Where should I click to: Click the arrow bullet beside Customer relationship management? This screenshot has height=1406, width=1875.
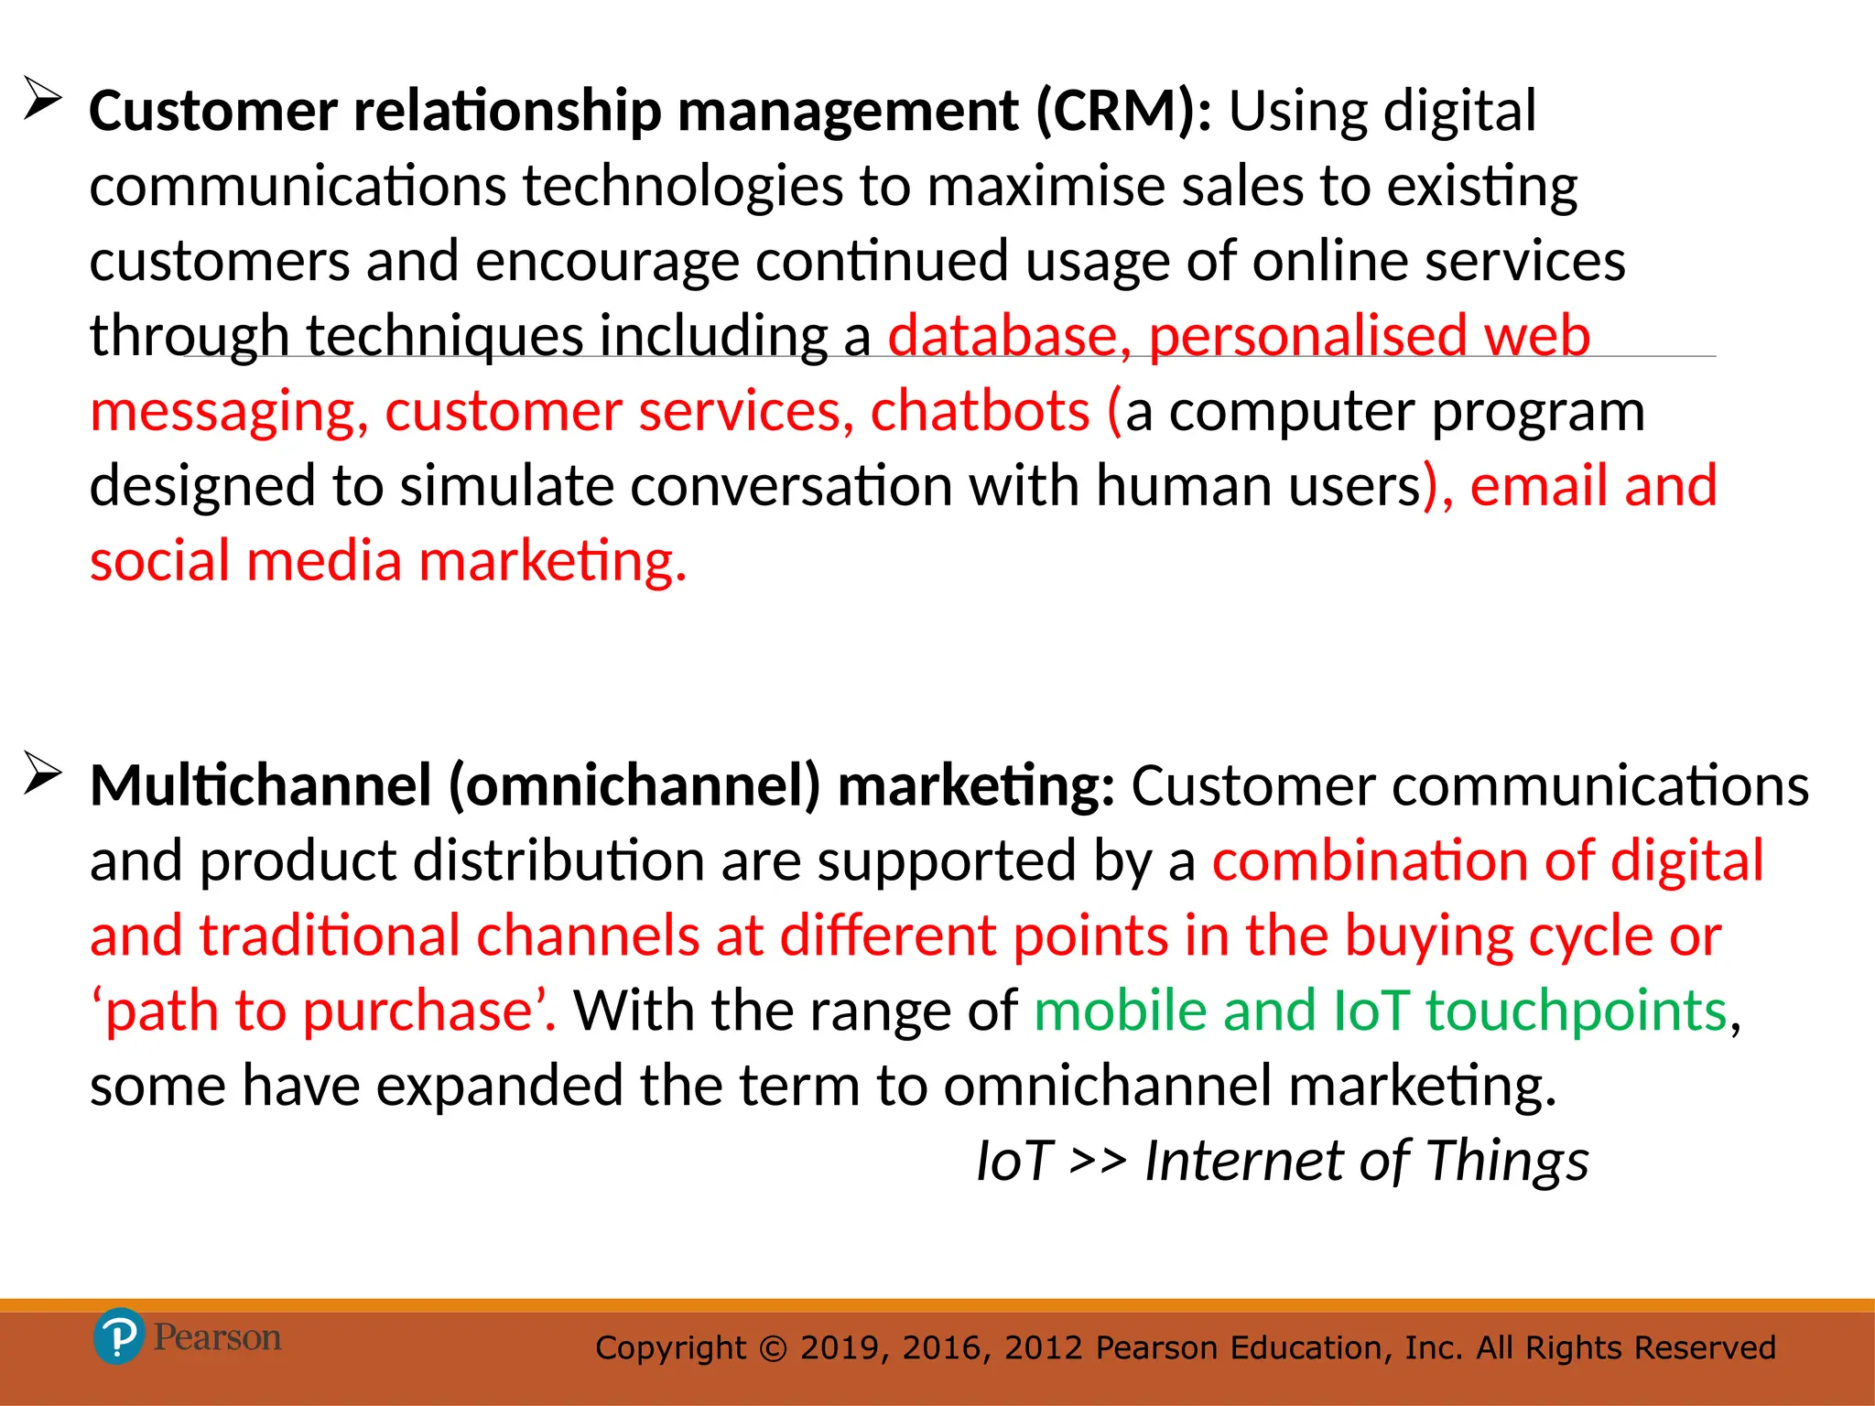click(x=42, y=99)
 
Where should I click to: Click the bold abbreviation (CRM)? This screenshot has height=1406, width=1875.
click(x=1123, y=112)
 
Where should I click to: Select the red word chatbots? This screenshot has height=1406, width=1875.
click(x=980, y=411)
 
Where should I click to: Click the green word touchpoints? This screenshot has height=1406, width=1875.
click(x=1576, y=1011)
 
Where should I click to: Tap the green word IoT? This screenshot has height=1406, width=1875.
click(x=1371, y=1011)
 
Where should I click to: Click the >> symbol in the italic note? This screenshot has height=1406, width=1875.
click(x=1097, y=1162)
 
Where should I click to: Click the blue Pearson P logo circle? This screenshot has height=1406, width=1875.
click(x=118, y=1337)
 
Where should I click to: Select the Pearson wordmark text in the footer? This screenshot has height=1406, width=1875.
click(x=217, y=1337)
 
